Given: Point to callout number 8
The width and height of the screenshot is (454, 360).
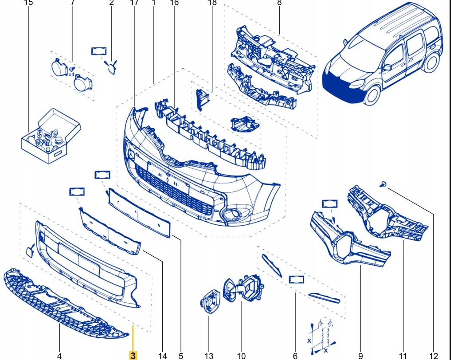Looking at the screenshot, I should [x=279, y=3].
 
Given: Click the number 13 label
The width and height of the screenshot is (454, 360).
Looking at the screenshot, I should [x=209, y=356].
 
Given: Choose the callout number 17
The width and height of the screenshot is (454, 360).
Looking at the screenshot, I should [x=134, y=3].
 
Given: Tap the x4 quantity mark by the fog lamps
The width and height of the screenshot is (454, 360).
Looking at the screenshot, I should [x=71, y=74].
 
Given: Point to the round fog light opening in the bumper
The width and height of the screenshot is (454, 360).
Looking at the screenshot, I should [x=231, y=214].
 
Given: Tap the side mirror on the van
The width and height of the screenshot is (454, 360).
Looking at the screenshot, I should [x=387, y=67].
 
